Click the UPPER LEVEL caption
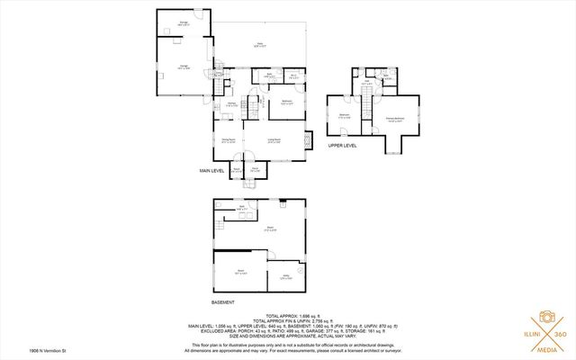point(342,144)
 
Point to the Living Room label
point(274,139)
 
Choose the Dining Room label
point(229,139)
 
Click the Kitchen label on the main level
point(231,104)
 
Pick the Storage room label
point(183,23)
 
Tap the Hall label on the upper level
point(367,84)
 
